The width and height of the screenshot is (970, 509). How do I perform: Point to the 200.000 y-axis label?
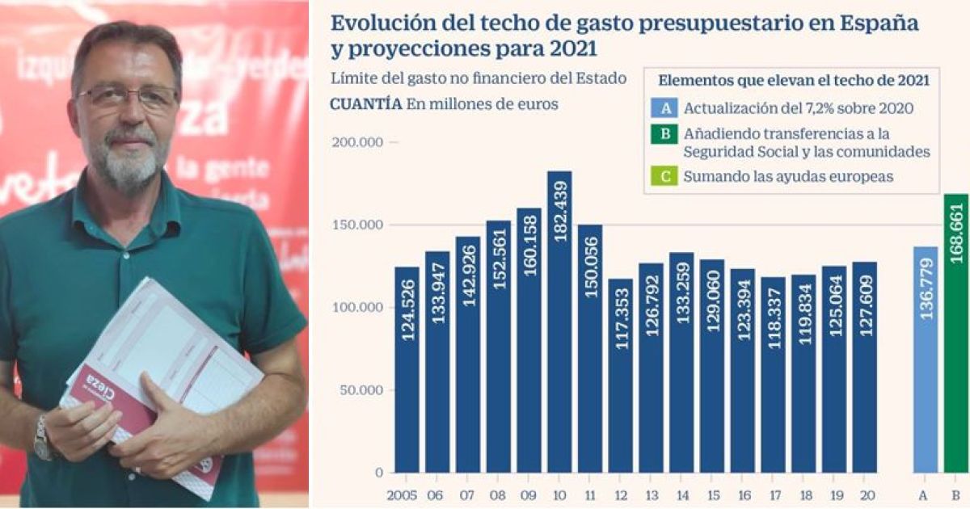[359, 142]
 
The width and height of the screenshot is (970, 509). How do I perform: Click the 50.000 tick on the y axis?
[363, 390]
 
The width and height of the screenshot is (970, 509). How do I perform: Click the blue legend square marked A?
[664, 108]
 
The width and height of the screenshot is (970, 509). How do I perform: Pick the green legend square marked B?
[664, 134]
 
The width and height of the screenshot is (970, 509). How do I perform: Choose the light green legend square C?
[664, 177]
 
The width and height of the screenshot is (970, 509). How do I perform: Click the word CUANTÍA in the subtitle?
[365, 103]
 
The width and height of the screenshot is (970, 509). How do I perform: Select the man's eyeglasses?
[128, 98]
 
